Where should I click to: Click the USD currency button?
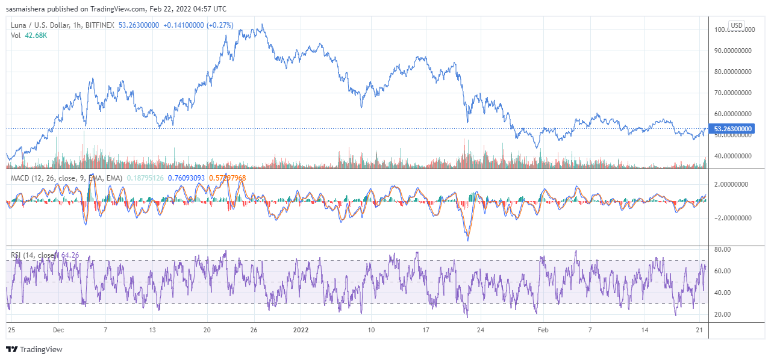coord(737,25)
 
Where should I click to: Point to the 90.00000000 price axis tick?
coord(732,51)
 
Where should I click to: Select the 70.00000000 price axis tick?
coord(732,93)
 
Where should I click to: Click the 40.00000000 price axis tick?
coord(732,156)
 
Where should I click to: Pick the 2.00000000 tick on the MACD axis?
coord(732,185)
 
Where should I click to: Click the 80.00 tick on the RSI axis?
coord(723,249)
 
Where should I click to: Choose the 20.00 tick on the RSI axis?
coord(723,314)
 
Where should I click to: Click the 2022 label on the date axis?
coord(300,330)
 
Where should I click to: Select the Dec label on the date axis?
coord(58,330)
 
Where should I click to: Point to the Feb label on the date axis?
coord(543,330)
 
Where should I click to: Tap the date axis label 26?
coord(254,330)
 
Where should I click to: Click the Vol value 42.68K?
coord(36,36)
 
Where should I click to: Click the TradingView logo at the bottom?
coord(34,350)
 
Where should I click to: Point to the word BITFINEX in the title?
coord(98,25)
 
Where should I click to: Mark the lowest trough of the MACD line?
coord(468,240)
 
